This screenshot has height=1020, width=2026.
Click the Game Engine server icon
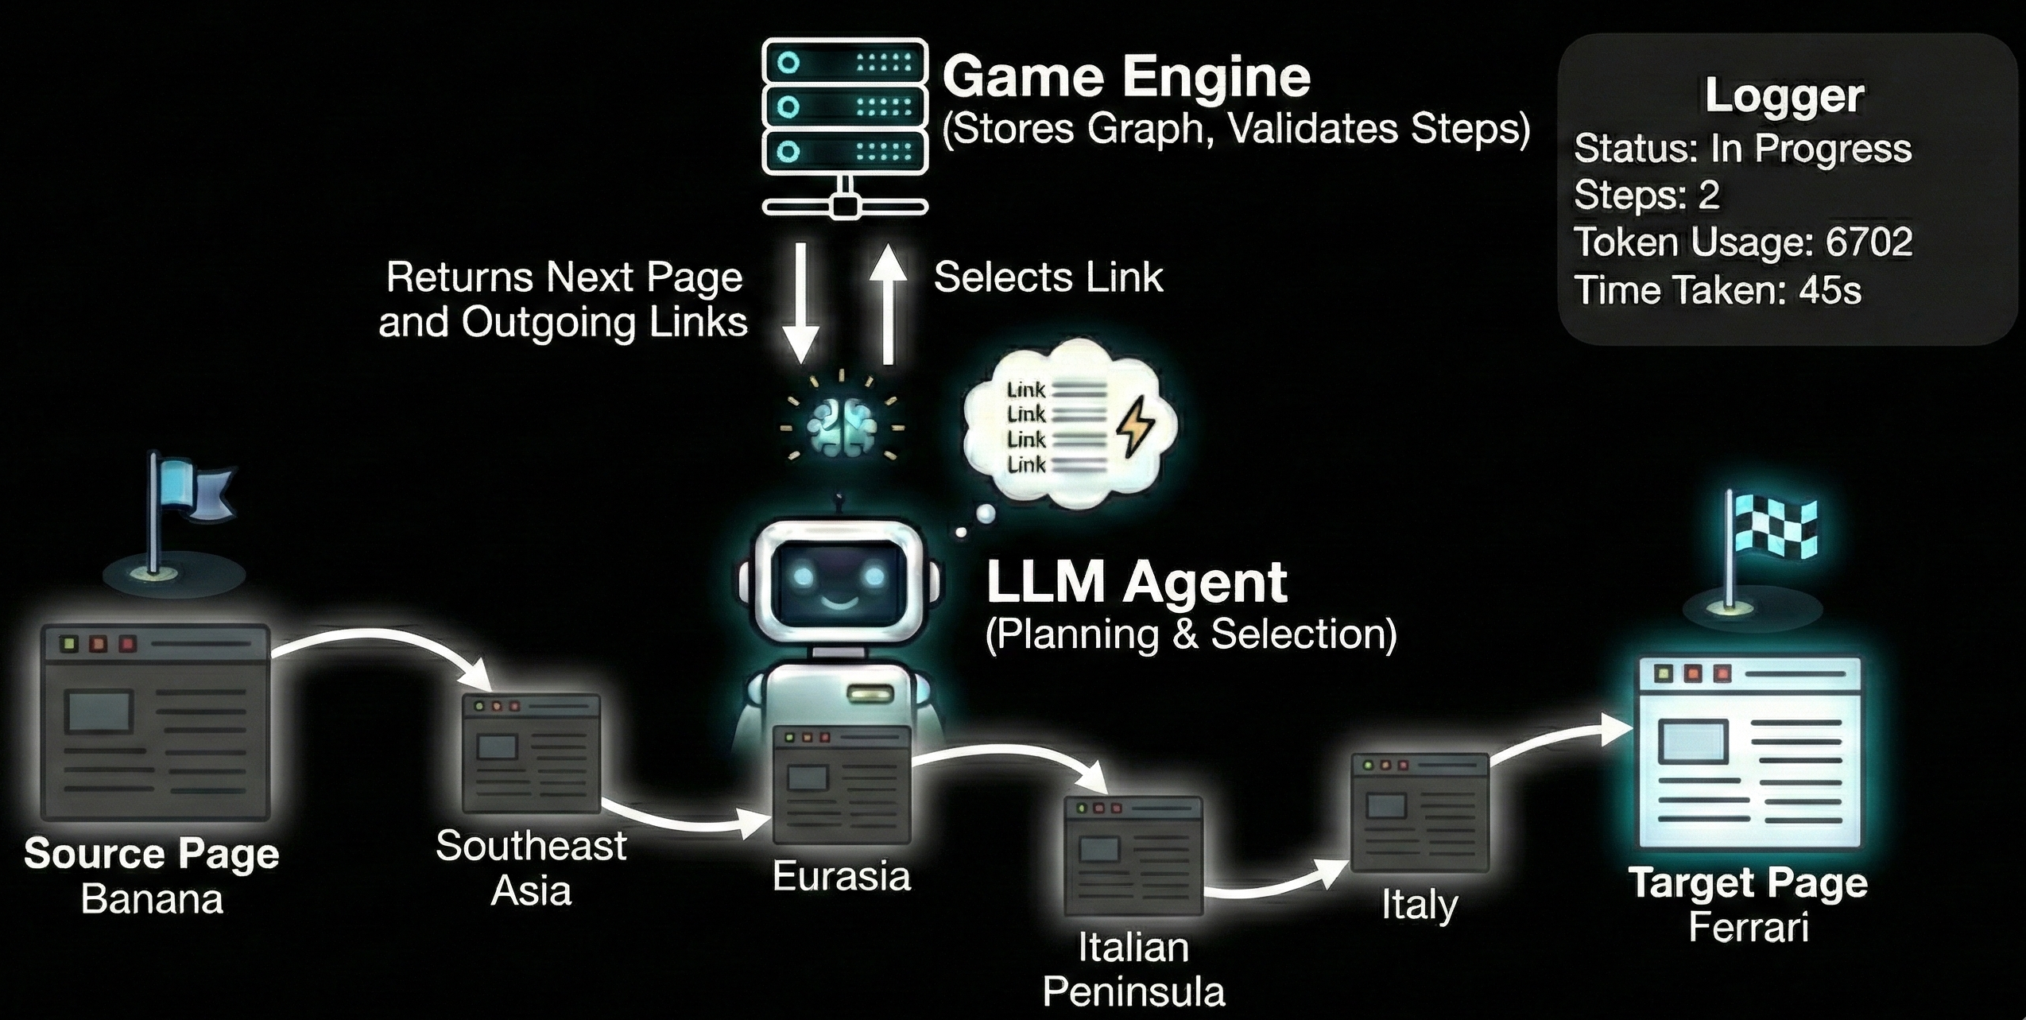(845, 127)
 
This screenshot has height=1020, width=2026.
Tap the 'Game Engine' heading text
(1125, 78)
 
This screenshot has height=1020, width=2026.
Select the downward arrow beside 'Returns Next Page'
(801, 303)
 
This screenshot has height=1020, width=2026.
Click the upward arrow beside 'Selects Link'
(888, 303)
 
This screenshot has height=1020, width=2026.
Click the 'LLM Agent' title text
(1136, 583)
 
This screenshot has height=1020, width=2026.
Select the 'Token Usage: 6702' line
(1742, 242)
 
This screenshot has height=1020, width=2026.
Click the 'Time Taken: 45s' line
(1717, 290)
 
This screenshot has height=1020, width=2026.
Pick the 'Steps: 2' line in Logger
(1646, 196)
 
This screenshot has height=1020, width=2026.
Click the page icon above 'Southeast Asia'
(532, 753)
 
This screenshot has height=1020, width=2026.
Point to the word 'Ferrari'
(1749, 928)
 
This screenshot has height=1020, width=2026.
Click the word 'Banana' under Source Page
(152, 900)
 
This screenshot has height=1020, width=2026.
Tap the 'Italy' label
(1420, 905)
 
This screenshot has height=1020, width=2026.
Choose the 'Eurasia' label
(841, 877)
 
